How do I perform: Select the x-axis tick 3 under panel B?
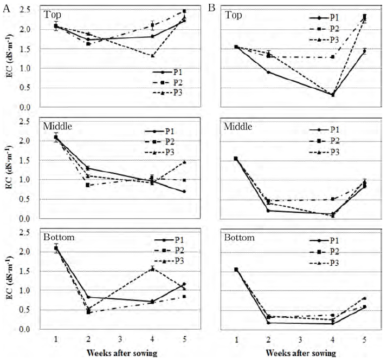tap(300, 338)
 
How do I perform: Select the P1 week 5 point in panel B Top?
tap(364, 51)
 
